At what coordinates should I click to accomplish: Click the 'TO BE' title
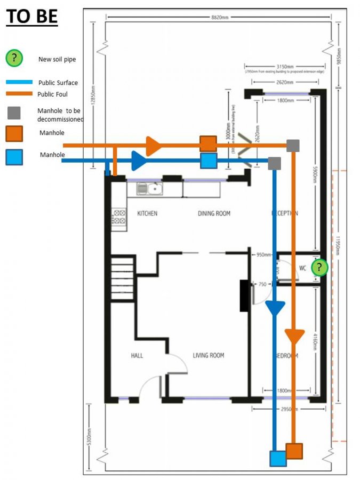(x=31, y=17)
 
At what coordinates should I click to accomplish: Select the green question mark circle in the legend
(x=14, y=58)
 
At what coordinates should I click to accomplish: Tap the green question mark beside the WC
(x=319, y=267)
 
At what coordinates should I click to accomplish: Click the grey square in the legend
(x=14, y=113)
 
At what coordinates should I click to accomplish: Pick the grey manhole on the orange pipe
(x=293, y=145)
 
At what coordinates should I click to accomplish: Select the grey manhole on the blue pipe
(x=274, y=163)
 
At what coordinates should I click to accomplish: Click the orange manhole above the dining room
(x=208, y=143)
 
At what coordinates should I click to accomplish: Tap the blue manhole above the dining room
(x=209, y=161)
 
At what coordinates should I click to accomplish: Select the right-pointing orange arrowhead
(x=153, y=145)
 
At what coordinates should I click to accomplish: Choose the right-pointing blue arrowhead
(x=139, y=160)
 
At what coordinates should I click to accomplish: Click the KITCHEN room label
(x=147, y=213)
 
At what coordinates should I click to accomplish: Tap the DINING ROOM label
(x=214, y=213)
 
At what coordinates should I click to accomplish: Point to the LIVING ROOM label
(x=208, y=356)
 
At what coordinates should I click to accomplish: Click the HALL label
(x=137, y=356)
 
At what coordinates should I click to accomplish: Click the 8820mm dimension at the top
(x=219, y=18)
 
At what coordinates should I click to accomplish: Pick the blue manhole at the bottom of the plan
(x=277, y=459)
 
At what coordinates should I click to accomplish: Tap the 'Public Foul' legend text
(x=52, y=94)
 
